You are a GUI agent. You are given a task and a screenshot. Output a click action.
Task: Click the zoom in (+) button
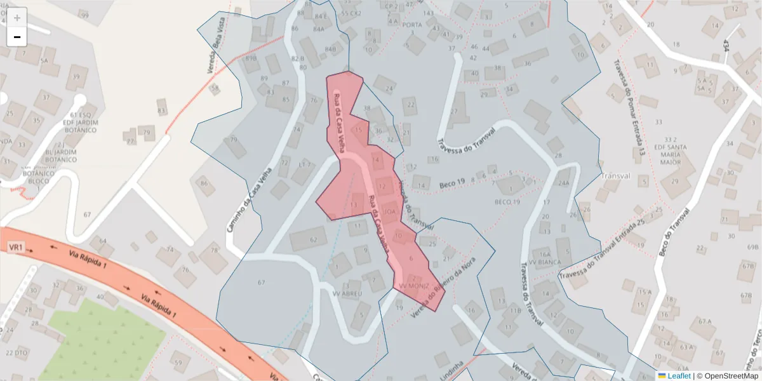click(17, 17)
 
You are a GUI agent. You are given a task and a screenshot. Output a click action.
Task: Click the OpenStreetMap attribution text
click(728, 376)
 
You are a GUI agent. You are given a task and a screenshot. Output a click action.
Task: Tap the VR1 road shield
click(16, 246)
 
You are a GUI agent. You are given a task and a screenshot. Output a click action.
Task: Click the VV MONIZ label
click(414, 286)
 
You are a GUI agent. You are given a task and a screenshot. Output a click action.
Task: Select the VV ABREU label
click(347, 294)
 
